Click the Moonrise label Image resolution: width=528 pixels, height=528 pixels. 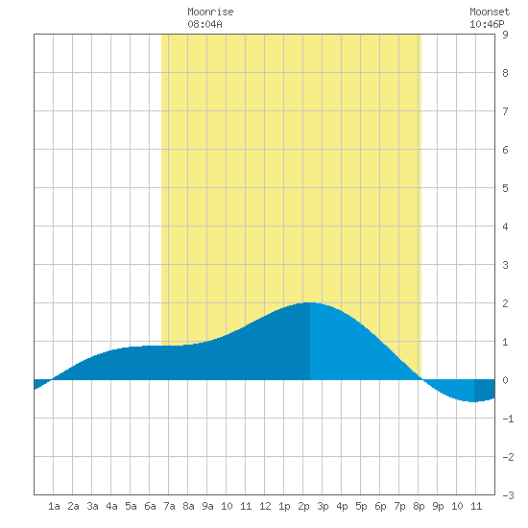[210, 12]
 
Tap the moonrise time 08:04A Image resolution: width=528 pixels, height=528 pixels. [204, 24]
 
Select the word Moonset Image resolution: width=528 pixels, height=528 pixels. [490, 12]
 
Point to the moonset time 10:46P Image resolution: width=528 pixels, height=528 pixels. [487, 24]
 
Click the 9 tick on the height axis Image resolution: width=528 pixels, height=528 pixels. [505, 35]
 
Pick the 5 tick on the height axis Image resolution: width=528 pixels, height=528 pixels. [505, 188]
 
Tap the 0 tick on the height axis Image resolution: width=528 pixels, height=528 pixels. [505, 380]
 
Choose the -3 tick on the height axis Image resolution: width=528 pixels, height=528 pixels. [508, 495]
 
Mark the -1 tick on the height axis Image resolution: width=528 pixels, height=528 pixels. [508, 419]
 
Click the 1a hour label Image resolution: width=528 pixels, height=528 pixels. [54, 506]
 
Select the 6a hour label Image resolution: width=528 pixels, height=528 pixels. [150, 506]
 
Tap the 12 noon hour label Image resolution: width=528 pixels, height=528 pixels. [265, 506]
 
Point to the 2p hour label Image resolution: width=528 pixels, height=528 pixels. [303, 506]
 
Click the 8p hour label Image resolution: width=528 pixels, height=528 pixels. [419, 506]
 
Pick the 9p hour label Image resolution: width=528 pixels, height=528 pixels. [438, 506]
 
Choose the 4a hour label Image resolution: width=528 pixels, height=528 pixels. [111, 506]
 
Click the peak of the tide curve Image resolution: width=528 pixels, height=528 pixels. [309, 302]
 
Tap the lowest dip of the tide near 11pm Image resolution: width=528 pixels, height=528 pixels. [473, 401]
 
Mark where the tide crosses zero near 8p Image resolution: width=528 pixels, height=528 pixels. [422, 379]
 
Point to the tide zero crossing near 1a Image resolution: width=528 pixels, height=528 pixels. [51, 379]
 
